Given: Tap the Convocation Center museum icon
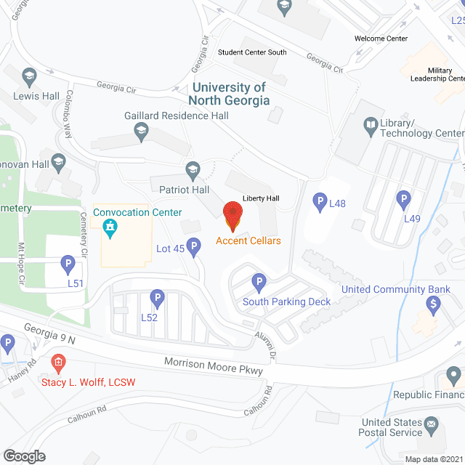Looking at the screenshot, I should click(110, 230).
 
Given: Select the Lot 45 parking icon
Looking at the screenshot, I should click(194, 249).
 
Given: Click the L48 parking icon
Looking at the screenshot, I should click(319, 201).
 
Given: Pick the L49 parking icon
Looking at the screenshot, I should click(404, 198).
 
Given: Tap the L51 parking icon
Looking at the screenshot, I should click(68, 263).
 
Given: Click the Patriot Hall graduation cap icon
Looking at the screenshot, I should click(193, 170).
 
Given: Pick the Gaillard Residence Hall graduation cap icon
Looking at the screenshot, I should click(142, 131).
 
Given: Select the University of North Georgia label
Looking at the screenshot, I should click(230, 94).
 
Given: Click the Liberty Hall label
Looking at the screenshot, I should click(262, 198).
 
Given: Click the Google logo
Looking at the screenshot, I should click(23, 456).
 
